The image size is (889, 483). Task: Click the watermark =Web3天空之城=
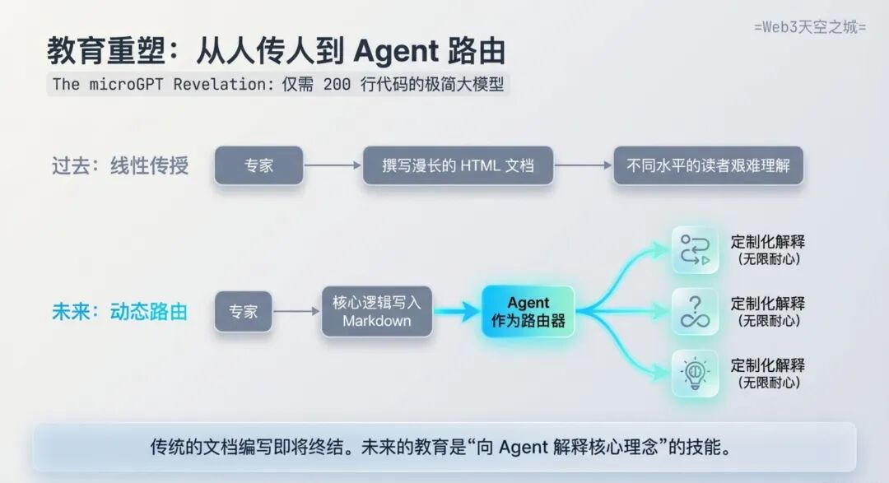coord(810,27)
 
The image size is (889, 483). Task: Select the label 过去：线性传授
coord(120,165)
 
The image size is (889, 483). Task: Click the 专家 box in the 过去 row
coord(258,165)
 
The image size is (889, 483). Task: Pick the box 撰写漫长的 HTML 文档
coord(458,165)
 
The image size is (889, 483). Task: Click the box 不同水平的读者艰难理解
coord(707,165)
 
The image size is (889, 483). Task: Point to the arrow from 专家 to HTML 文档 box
coord(333,165)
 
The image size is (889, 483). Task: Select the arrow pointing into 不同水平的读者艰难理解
coord(583,165)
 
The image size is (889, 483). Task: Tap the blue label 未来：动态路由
coord(120,312)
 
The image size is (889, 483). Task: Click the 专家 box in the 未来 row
coord(243,312)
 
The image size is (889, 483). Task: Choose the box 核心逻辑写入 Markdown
coord(376,311)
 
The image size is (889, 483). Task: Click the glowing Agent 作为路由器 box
coord(528,312)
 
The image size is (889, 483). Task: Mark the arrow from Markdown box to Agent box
coord(457,312)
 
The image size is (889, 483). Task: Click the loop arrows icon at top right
coord(695,251)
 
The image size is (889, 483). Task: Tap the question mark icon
coord(695,312)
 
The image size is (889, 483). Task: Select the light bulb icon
coord(695,373)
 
